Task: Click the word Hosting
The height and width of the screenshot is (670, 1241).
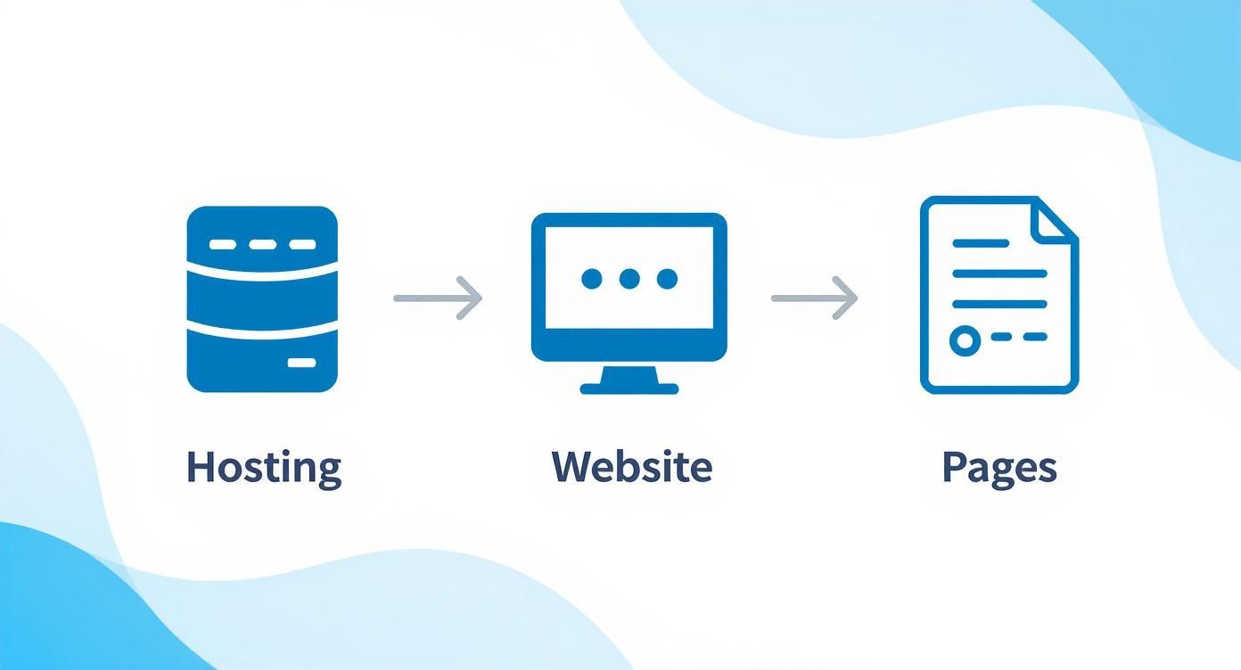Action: (x=263, y=468)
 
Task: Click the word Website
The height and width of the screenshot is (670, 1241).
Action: (x=631, y=467)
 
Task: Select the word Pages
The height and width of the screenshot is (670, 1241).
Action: (x=999, y=468)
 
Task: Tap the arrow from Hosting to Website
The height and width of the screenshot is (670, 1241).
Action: (x=438, y=298)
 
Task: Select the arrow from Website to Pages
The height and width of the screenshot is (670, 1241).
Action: (x=814, y=298)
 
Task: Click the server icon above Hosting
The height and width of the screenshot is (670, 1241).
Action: (x=262, y=299)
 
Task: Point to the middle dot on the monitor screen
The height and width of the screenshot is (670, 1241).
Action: (x=629, y=280)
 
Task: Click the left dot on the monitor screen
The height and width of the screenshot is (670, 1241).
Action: (x=592, y=280)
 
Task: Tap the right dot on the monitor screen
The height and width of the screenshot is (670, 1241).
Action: (x=667, y=280)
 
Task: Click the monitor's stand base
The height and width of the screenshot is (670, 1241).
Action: (x=629, y=388)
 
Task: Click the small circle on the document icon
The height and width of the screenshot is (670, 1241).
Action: (x=963, y=339)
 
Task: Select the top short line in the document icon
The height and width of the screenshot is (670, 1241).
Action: (x=981, y=243)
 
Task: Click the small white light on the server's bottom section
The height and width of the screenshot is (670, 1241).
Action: (x=301, y=364)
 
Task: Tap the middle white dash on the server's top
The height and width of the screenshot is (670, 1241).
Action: (x=262, y=244)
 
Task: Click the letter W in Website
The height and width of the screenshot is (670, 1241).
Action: (x=571, y=467)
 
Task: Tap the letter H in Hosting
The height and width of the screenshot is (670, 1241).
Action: (x=201, y=467)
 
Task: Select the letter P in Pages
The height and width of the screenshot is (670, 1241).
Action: (x=955, y=467)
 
